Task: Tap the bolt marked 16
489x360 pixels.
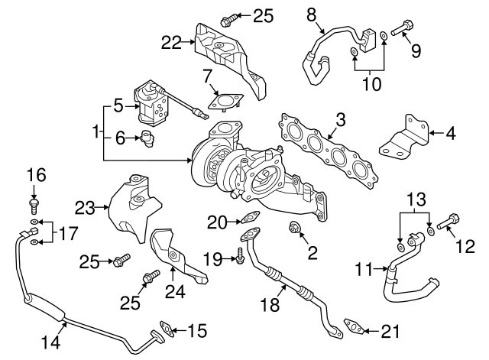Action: click(34, 206)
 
